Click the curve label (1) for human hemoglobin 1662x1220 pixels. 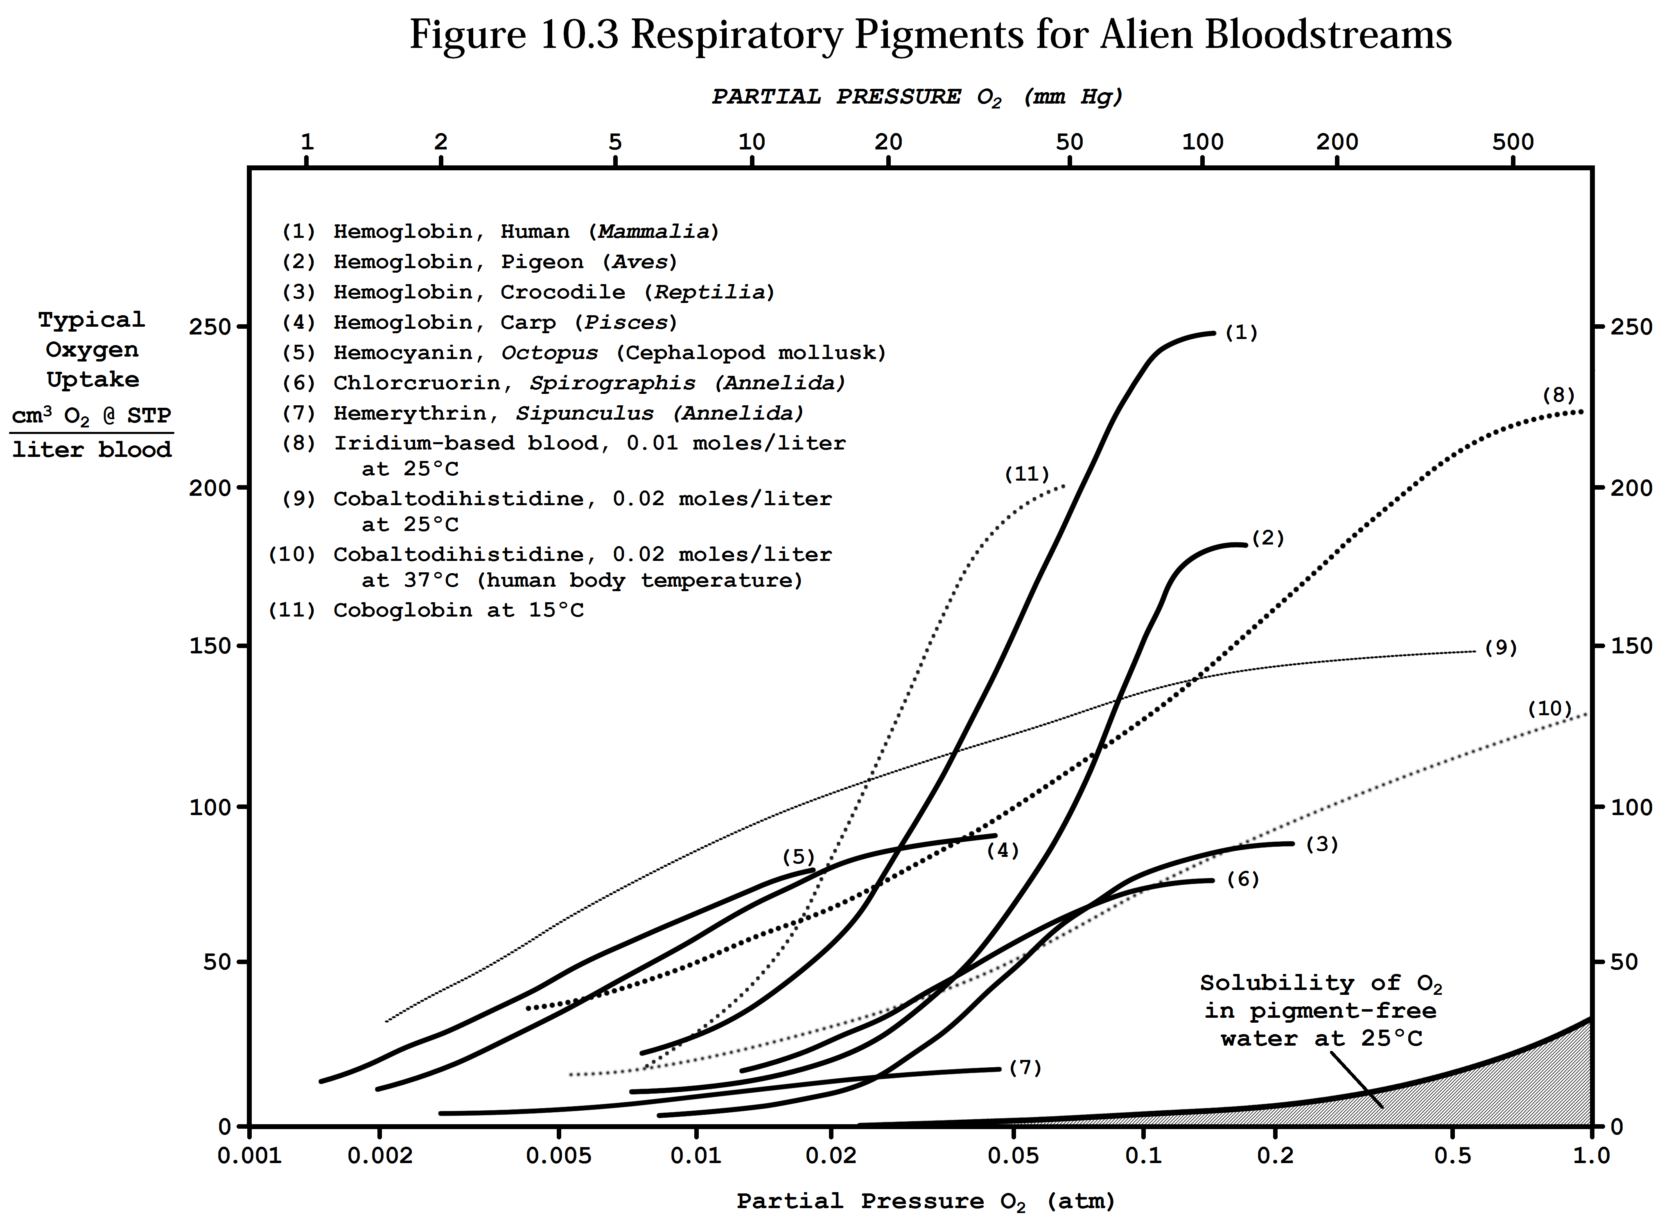1241,333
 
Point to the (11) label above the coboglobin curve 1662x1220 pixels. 1026,474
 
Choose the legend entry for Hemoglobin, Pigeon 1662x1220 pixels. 480,262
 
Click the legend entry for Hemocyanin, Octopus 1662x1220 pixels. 583,353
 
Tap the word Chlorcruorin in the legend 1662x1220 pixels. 425,383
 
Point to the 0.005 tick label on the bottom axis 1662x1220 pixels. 559,1156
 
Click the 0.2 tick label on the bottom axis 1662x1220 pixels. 1275,1156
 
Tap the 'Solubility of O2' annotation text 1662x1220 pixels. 1320,984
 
